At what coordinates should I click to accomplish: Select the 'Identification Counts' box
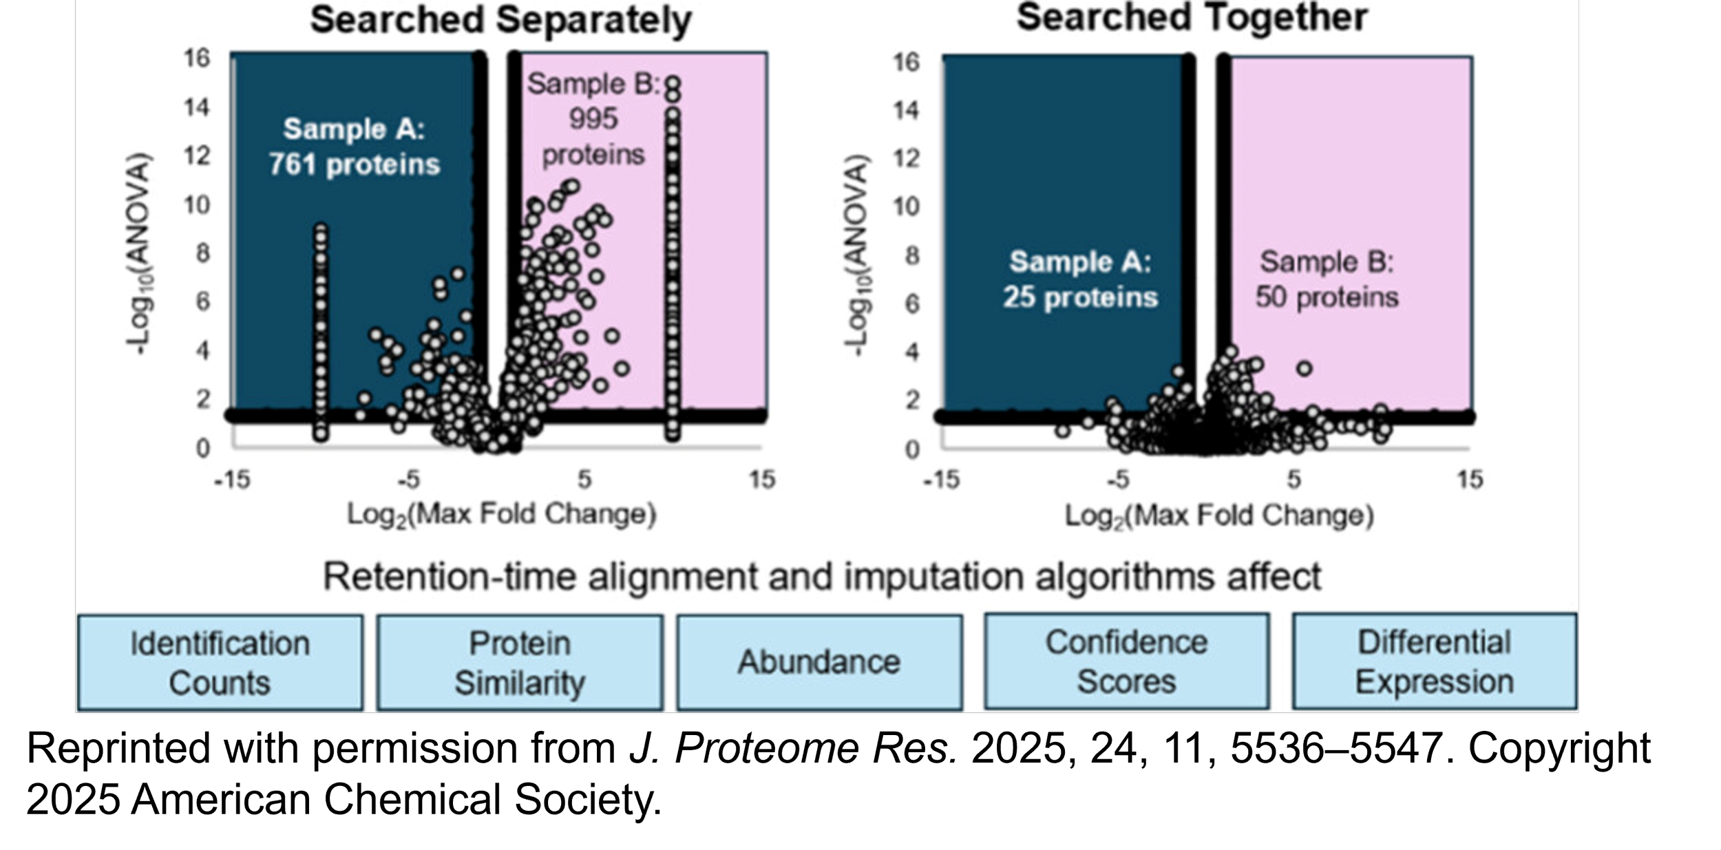[x=220, y=662]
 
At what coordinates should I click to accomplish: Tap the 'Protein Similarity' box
[x=520, y=662]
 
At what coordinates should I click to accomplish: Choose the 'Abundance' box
[x=819, y=662]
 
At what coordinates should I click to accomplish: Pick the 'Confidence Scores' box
[x=1126, y=661]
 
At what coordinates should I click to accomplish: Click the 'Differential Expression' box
[x=1435, y=661]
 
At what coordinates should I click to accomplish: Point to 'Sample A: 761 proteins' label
[x=354, y=147]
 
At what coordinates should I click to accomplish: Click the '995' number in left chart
[x=593, y=119]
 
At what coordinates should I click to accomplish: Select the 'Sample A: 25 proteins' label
[x=1080, y=279]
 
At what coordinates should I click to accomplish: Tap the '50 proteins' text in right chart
[x=1327, y=297]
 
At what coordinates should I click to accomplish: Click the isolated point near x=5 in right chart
[x=1304, y=369]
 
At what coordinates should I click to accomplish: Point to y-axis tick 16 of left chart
[x=196, y=58]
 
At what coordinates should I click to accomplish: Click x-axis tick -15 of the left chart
[x=232, y=480]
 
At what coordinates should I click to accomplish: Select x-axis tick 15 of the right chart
[x=1469, y=480]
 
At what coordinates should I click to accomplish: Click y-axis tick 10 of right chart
[x=906, y=206]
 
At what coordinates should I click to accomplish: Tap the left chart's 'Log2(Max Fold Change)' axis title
[x=501, y=515]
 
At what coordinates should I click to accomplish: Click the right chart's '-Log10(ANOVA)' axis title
[x=858, y=255]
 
